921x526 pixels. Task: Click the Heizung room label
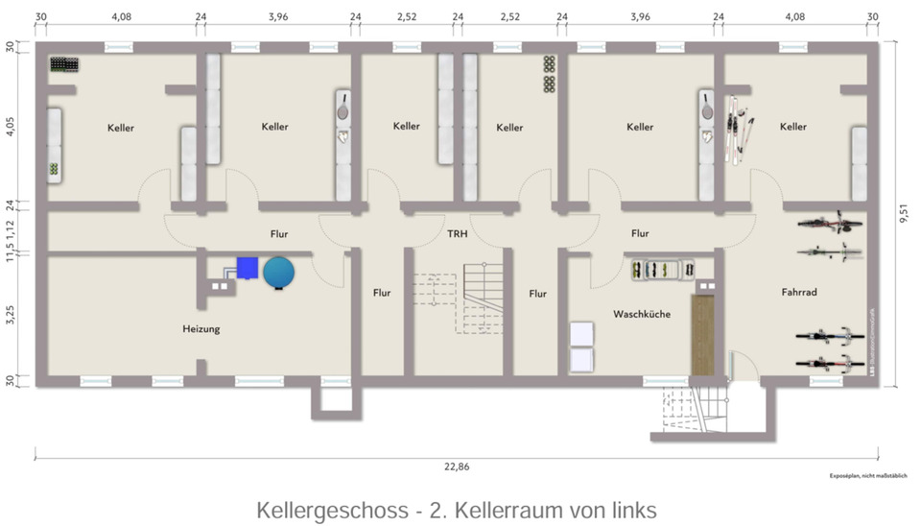click(x=201, y=329)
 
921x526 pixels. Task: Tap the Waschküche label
click(x=642, y=314)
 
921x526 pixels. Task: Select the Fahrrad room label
click(x=798, y=293)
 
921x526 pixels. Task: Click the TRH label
click(x=457, y=233)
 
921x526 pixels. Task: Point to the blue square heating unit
click(x=249, y=270)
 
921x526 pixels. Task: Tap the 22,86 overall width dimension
click(x=457, y=466)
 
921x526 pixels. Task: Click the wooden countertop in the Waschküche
click(x=702, y=335)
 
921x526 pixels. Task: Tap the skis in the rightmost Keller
click(x=738, y=126)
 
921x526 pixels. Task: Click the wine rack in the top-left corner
click(x=64, y=64)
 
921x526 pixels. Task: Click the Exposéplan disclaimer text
click(x=862, y=476)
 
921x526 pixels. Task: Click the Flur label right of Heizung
click(x=381, y=293)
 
